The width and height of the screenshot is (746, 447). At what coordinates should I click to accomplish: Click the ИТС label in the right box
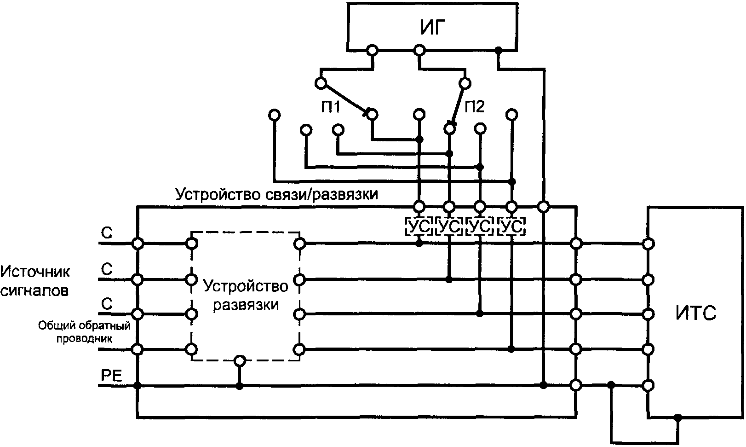(x=696, y=313)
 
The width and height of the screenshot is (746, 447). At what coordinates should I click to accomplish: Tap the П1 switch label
(x=330, y=107)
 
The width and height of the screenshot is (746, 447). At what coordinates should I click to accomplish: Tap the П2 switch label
(x=475, y=107)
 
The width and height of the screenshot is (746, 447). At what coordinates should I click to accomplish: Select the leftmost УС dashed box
(x=419, y=226)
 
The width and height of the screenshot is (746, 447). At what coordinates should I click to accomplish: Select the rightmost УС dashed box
(x=511, y=226)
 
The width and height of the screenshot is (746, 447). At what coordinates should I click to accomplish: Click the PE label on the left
(x=111, y=376)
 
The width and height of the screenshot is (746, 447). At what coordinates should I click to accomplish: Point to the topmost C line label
(x=107, y=233)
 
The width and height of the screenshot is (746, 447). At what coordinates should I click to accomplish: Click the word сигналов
(x=35, y=291)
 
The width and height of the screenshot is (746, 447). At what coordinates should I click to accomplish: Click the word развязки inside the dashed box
(x=246, y=305)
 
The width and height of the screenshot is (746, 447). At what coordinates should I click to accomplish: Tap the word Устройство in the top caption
(x=216, y=194)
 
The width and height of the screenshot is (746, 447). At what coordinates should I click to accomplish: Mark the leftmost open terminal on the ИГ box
(x=373, y=49)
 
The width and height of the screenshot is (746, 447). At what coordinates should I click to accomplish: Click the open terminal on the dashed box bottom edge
(x=239, y=360)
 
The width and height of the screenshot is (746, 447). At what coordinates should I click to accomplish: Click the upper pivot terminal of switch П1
(x=321, y=83)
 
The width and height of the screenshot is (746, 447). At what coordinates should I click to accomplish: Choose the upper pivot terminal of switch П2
(x=465, y=83)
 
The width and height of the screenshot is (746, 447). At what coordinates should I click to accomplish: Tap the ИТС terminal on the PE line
(x=648, y=385)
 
